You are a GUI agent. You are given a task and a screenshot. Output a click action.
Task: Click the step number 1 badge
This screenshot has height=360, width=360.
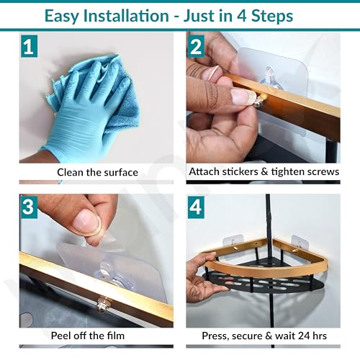pyautogui.click(x=29, y=46)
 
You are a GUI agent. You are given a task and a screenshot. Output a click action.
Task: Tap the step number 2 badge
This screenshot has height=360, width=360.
pyautogui.click(x=196, y=46)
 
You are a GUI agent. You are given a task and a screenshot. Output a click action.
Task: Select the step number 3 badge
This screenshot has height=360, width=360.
pyautogui.click(x=29, y=207)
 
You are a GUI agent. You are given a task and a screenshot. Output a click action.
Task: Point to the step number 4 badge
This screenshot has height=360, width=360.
pyautogui.click(x=196, y=207)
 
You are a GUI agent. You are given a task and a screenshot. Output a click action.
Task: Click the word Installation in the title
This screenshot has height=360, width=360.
pyautogui.click(x=126, y=16)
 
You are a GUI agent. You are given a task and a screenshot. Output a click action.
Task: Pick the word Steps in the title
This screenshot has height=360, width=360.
pyautogui.click(x=272, y=17)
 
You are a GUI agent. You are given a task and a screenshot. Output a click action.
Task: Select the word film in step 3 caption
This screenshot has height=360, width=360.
pyautogui.click(x=116, y=336)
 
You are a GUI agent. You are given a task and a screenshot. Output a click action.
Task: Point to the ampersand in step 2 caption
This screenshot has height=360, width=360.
pyautogui.click(x=264, y=171)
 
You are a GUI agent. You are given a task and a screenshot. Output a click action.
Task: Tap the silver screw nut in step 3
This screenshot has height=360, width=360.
pyautogui.click(x=103, y=305)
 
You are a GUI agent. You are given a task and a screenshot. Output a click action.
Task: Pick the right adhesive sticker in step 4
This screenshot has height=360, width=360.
pyautogui.click(x=300, y=243)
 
